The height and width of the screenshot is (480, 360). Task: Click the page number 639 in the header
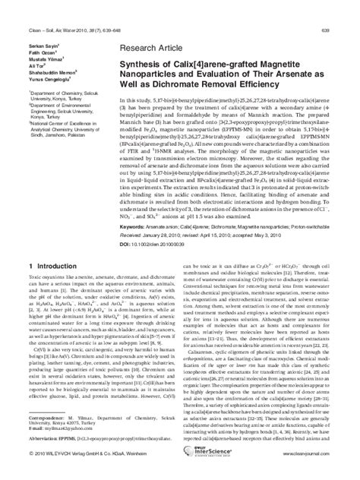(x=346, y=8)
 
